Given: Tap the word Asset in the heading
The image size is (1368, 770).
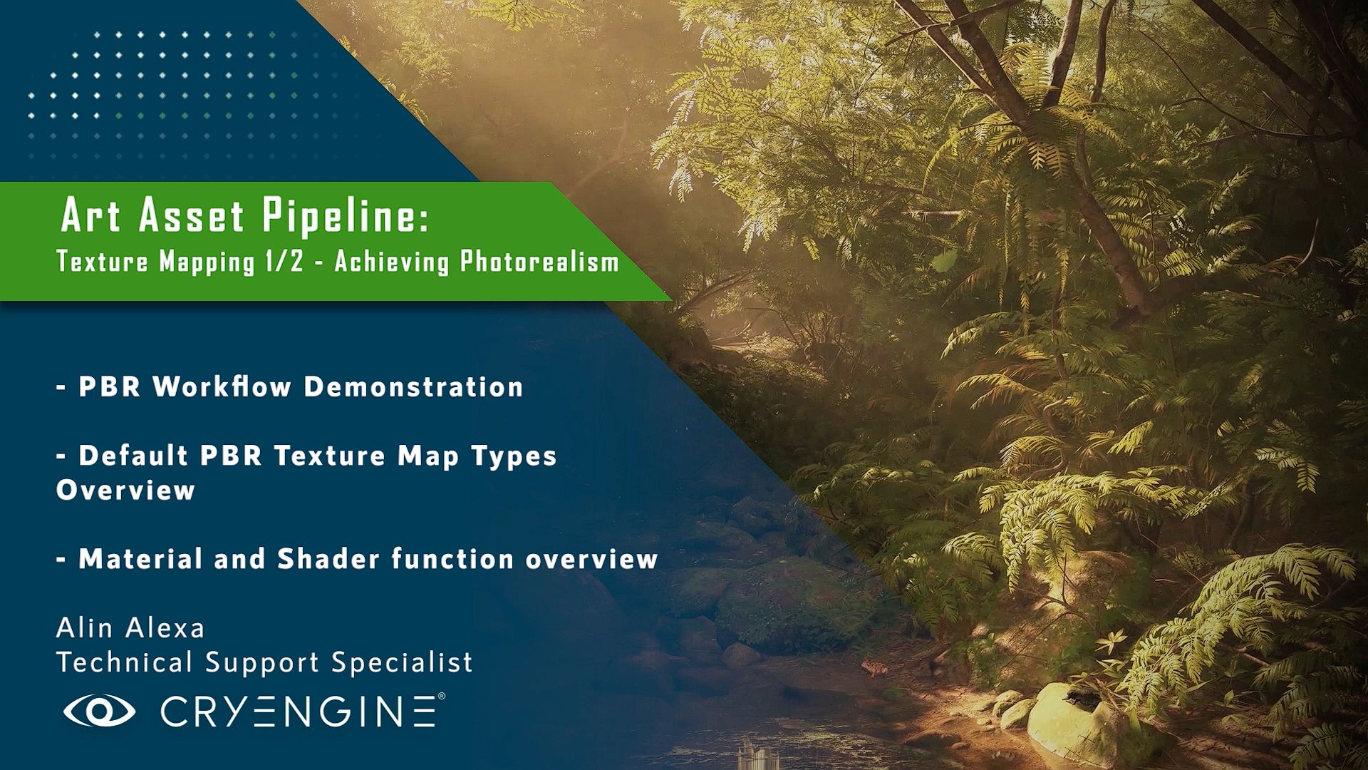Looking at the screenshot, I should tap(192, 215).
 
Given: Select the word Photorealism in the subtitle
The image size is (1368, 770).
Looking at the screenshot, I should tap(539, 262).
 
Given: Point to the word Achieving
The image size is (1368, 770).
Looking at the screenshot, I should tap(392, 262).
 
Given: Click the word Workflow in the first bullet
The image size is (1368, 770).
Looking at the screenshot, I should tap(222, 386).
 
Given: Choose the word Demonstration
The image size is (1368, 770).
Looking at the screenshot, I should tap(414, 386).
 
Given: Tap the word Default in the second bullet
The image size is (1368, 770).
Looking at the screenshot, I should tap(133, 455).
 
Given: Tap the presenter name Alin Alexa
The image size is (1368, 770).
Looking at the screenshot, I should tap(130, 628).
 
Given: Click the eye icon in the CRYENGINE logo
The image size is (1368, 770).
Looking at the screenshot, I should tap(99, 710).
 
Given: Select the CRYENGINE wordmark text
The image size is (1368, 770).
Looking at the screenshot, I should tap(298, 711).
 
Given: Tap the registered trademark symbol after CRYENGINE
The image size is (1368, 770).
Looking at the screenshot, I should tap(441, 696).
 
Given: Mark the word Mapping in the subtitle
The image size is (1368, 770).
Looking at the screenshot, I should tap(207, 262).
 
